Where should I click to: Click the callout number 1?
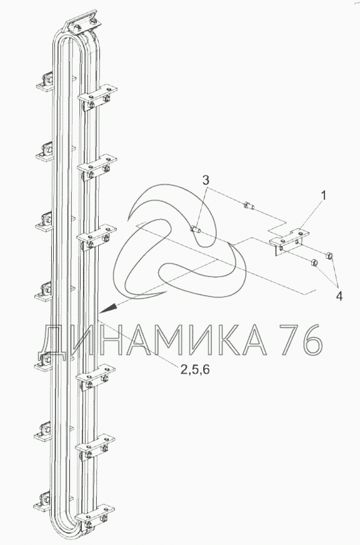click(x=324, y=196)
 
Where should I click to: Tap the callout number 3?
click(x=206, y=181)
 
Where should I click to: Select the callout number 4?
click(x=339, y=296)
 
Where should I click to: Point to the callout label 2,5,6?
click(x=195, y=369)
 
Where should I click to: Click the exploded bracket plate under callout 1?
click(x=289, y=241)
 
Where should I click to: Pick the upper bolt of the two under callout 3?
click(x=249, y=206)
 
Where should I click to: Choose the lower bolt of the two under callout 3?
click(x=196, y=229)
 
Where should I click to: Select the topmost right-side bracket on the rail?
click(x=97, y=97)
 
